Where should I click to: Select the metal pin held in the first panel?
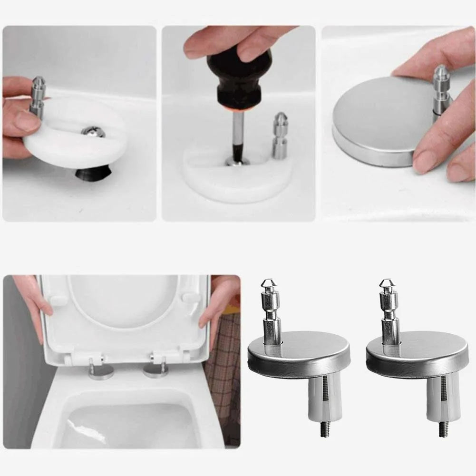point(38,97)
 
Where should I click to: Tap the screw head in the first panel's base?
point(93,132)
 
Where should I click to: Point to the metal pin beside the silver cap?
point(441,90)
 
